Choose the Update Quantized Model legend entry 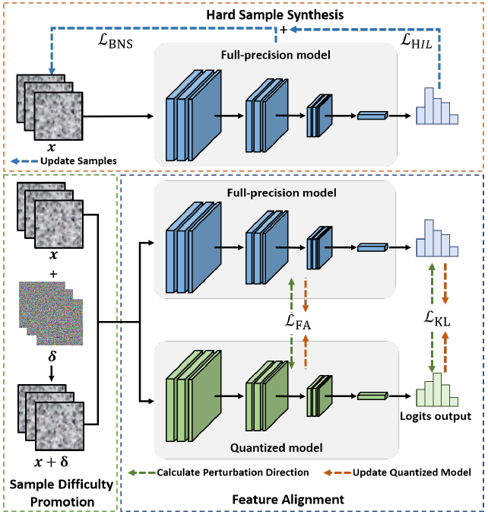(411, 472)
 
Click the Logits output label (435, 417)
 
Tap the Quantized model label (279, 447)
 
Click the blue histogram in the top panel (434, 105)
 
